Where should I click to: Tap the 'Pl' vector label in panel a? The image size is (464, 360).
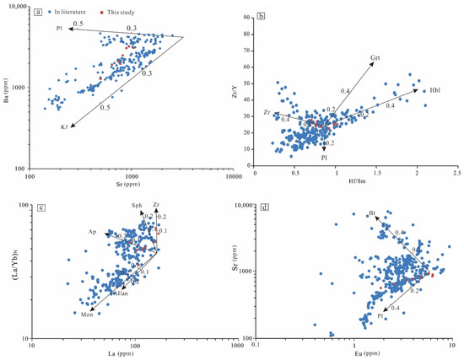(x=60, y=30)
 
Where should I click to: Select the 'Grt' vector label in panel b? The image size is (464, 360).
(x=376, y=59)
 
